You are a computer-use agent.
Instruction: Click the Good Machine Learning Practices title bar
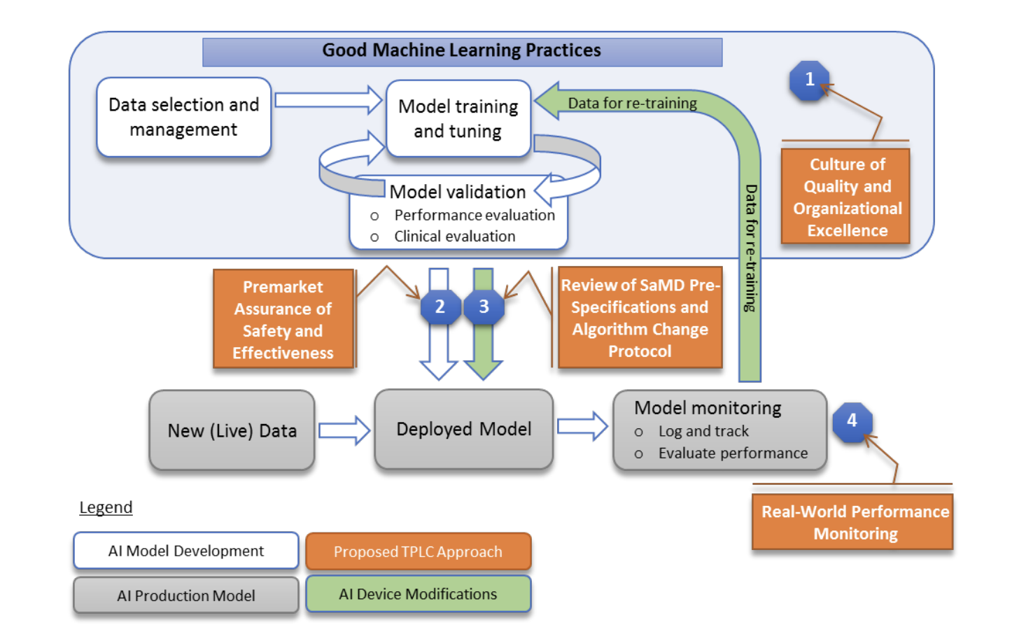tap(462, 51)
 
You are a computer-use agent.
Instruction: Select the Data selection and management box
tap(183, 117)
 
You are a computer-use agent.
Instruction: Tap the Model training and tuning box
tap(458, 118)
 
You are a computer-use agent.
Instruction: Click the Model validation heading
tap(458, 192)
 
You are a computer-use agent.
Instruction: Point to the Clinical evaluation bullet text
tap(454, 237)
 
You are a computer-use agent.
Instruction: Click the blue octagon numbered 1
tap(809, 80)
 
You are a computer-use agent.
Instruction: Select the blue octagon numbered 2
tap(440, 307)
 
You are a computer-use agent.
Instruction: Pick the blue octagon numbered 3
tap(484, 307)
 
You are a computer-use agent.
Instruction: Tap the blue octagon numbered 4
tap(852, 421)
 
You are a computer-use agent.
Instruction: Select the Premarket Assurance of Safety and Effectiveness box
tap(283, 319)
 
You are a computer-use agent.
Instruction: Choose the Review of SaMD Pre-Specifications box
tap(640, 318)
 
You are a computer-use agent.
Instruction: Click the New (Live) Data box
tap(232, 430)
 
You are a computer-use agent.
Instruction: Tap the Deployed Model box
tap(463, 429)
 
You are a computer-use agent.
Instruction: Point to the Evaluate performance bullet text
tap(733, 453)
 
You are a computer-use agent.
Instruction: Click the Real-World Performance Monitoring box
tap(854, 522)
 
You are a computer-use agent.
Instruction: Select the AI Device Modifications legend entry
tap(418, 594)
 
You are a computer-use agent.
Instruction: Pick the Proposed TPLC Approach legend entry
tap(418, 551)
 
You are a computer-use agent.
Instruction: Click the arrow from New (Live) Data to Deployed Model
tap(344, 430)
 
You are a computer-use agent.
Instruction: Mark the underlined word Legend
tap(106, 507)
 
